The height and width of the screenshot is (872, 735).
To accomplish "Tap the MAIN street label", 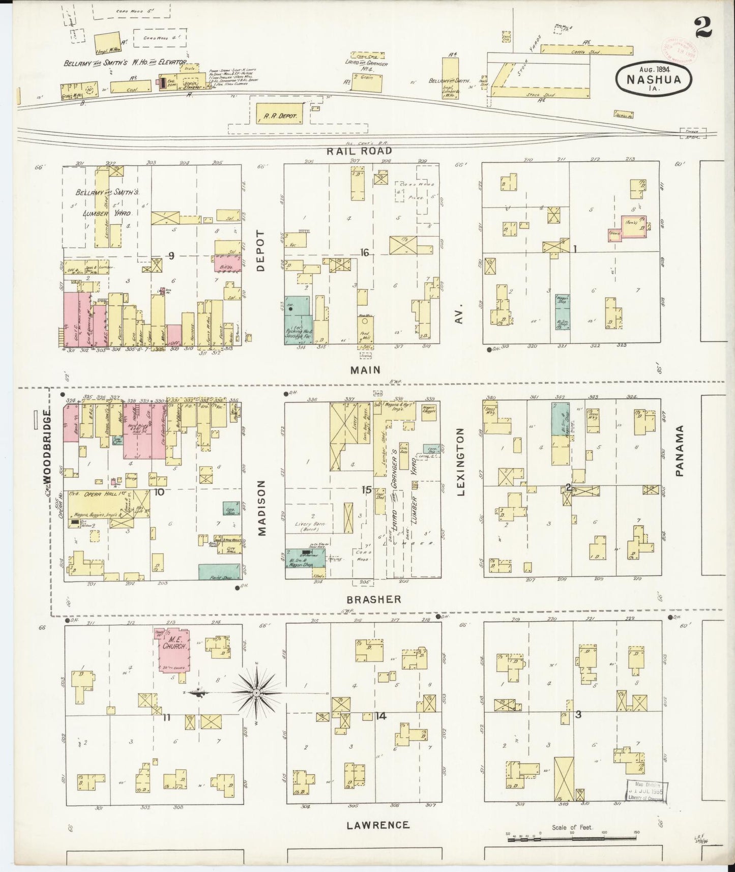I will tap(365, 370).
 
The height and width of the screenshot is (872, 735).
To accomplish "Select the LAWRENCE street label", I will tap(377, 825).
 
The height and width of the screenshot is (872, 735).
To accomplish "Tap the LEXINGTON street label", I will tap(461, 462).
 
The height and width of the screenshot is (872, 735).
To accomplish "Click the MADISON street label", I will tap(262, 508).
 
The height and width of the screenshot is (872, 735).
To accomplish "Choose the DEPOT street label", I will tap(261, 251).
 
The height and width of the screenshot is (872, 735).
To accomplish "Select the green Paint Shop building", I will tap(219, 572).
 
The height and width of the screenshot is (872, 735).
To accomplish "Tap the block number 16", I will tap(364, 252).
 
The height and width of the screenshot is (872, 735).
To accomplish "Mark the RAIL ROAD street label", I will tap(359, 151).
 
